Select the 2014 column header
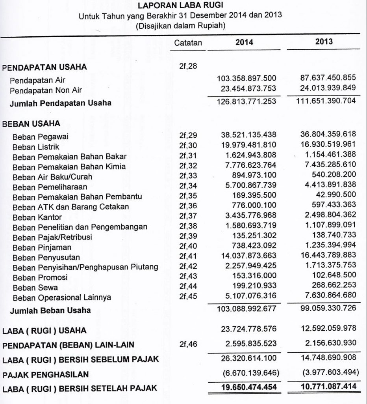(x=244, y=42)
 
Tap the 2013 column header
(x=324, y=41)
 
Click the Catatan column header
(x=188, y=43)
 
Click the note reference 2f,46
(x=188, y=344)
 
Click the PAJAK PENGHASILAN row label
(x=45, y=374)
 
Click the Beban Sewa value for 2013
(x=330, y=285)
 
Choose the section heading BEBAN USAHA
(x=32, y=123)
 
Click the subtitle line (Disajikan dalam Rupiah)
(x=180, y=27)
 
